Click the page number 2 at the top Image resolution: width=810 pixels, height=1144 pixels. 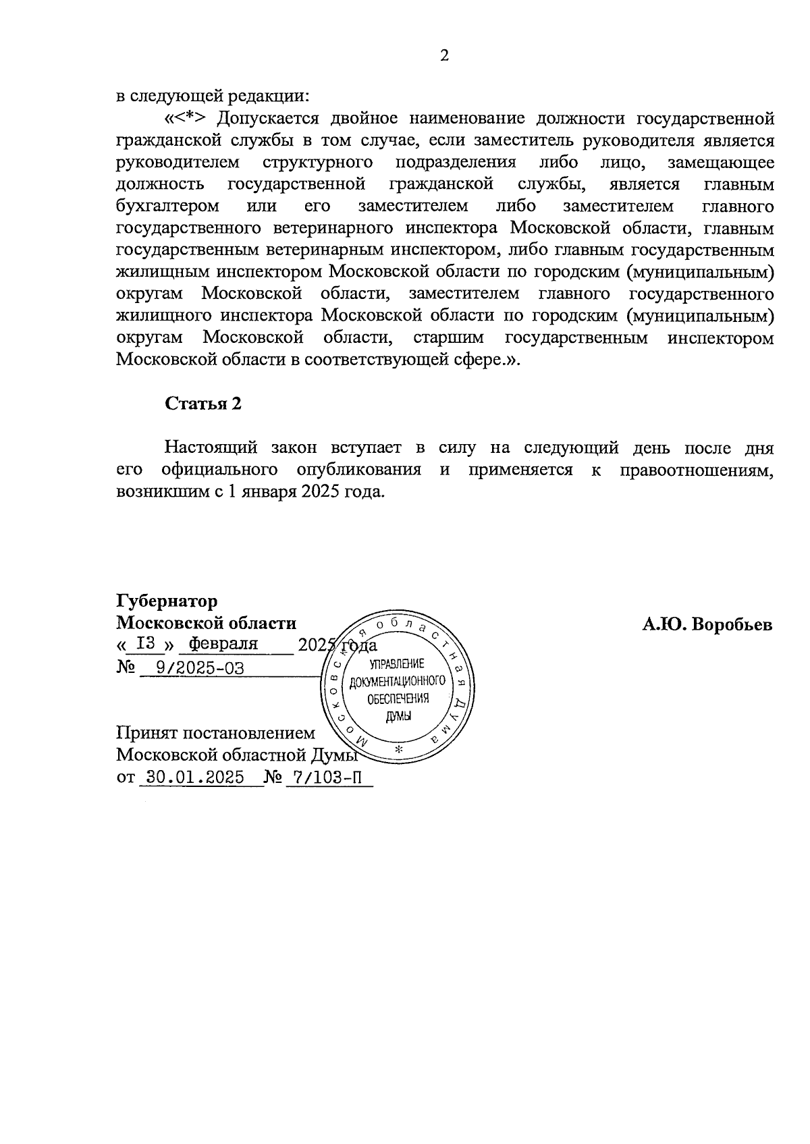click(x=444, y=56)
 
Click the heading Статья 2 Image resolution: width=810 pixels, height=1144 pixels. click(x=203, y=404)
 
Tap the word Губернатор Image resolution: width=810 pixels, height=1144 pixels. click(x=167, y=601)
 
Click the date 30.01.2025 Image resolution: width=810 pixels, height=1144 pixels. click(x=191, y=777)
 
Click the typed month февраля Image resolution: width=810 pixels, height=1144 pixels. click(x=223, y=644)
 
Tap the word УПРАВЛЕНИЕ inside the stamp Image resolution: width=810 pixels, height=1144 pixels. click(x=398, y=665)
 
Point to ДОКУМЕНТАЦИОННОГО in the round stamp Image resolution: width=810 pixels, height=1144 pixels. click(x=398, y=682)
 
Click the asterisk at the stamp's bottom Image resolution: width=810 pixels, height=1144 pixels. click(x=398, y=751)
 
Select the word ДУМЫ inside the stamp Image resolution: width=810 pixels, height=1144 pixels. click(x=398, y=715)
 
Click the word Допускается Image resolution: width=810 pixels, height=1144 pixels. click(x=268, y=119)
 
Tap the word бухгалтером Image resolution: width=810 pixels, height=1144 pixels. click(x=167, y=206)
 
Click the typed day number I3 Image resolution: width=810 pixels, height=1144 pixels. click(x=146, y=643)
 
